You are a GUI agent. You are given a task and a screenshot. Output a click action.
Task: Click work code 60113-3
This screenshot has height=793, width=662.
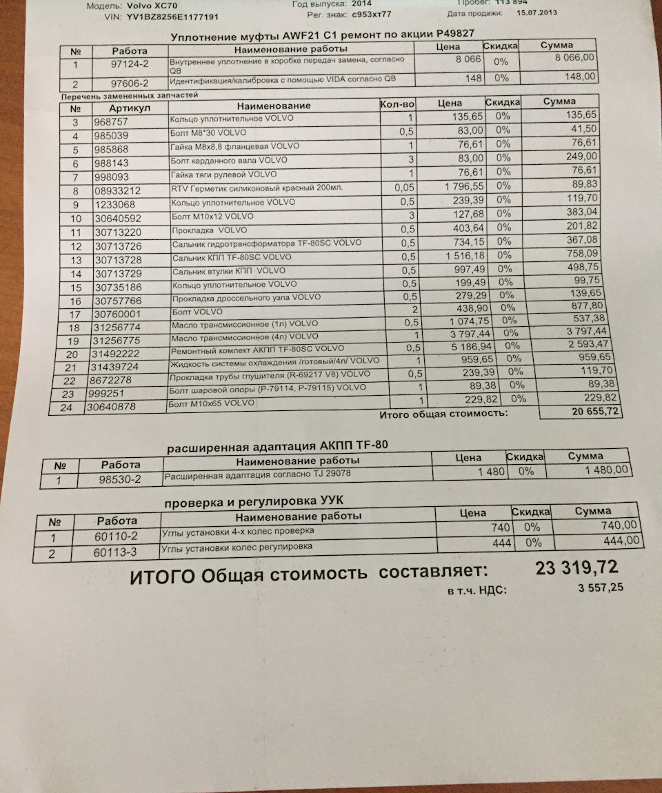[115, 552]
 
